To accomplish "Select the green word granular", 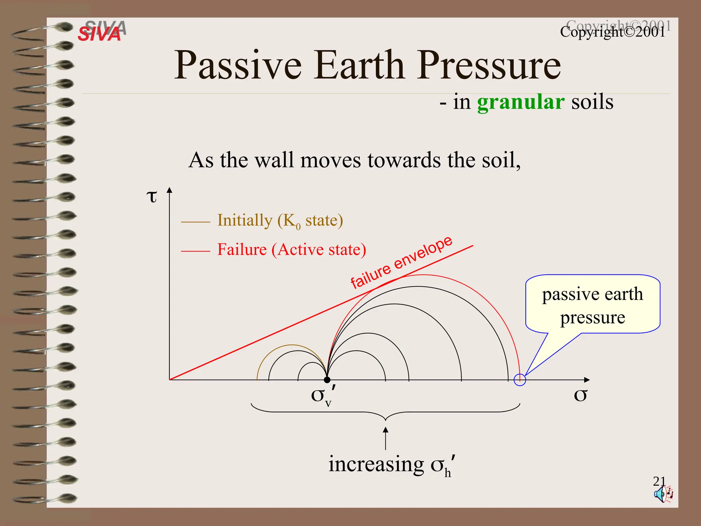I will [x=520, y=102].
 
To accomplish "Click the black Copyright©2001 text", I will [x=612, y=32].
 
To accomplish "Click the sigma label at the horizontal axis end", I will [x=580, y=395].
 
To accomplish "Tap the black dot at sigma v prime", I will [x=327, y=380].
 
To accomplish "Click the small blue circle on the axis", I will [x=520, y=380].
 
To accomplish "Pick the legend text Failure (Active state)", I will [x=292, y=250].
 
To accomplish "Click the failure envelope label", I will [x=401, y=262].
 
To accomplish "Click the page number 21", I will [x=659, y=481].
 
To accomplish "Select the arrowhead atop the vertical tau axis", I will [x=169, y=190].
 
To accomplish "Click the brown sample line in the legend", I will [x=195, y=222].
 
